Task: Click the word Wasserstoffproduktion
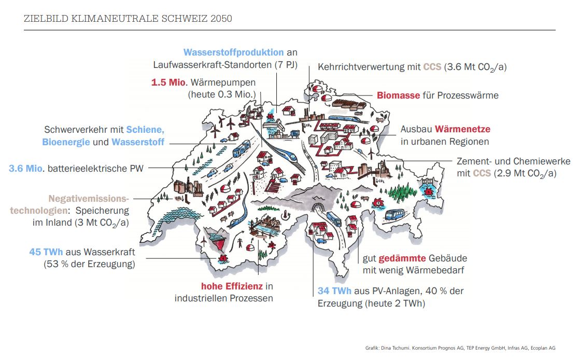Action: tap(233, 52)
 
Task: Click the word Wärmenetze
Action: tap(462, 129)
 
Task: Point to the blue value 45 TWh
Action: tap(46, 252)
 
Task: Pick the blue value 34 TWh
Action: tap(334, 291)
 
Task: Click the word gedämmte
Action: tap(402, 258)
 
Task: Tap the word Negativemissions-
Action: tap(88, 198)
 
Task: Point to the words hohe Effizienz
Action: tap(232, 286)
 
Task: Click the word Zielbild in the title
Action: tap(42, 19)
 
